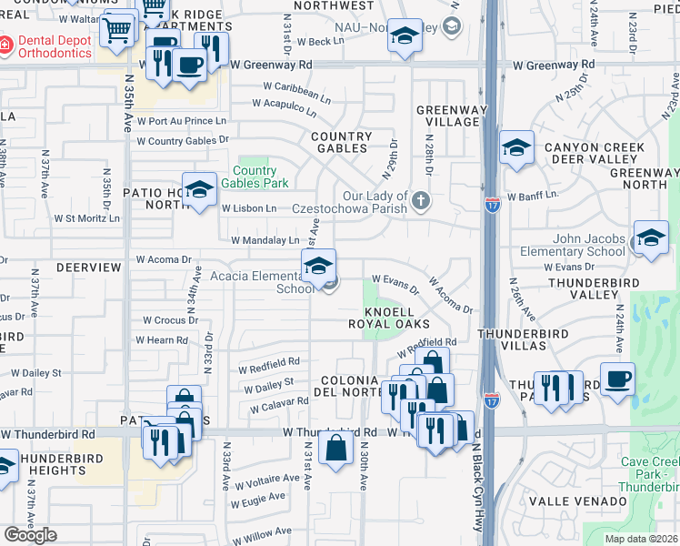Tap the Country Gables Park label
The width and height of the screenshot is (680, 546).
point(255,177)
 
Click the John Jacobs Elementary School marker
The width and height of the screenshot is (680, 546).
point(651,238)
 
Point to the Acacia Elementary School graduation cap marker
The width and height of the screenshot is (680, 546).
point(318,266)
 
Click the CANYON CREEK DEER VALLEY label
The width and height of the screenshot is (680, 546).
point(595,154)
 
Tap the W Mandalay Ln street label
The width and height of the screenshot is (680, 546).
point(265,240)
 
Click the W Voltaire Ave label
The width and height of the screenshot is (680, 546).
point(267,478)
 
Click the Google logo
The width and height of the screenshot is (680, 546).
point(30,535)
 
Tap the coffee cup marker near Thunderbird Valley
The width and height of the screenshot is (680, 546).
point(617,379)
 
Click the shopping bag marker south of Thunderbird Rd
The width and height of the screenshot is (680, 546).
point(335,448)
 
